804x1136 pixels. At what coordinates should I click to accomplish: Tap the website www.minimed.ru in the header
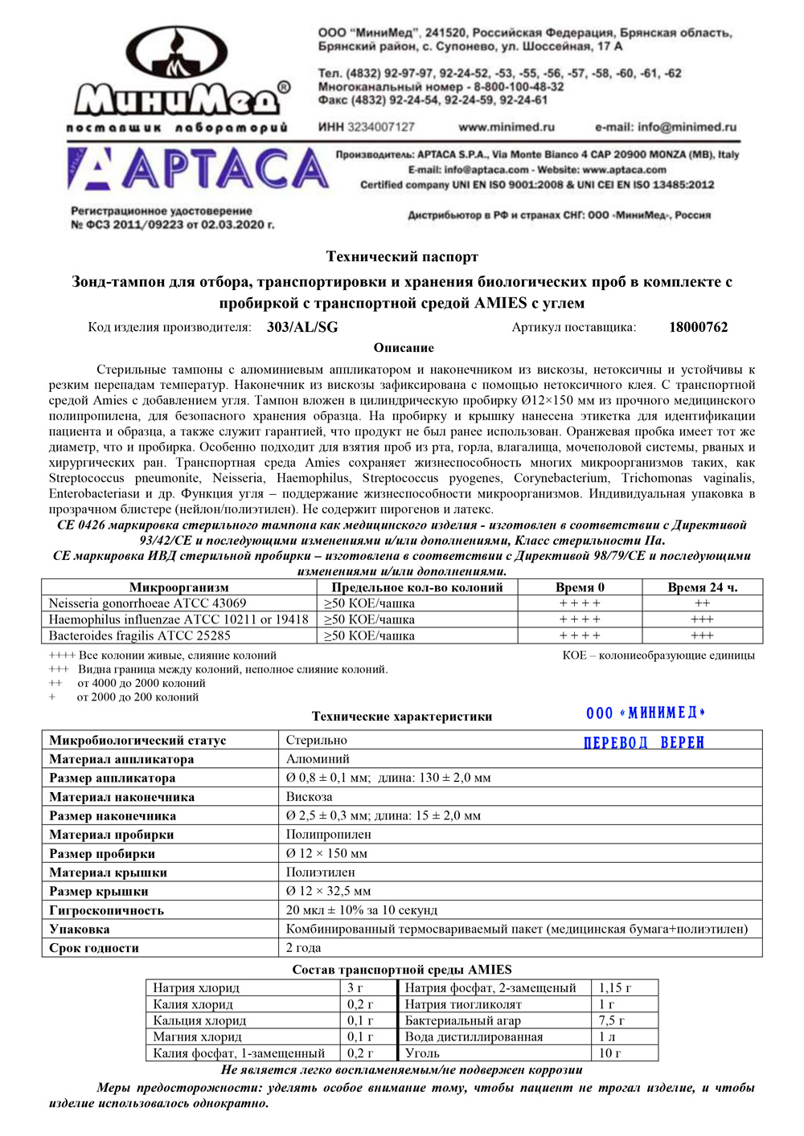click(x=507, y=127)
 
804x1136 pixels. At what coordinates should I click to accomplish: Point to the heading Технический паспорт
click(x=402, y=257)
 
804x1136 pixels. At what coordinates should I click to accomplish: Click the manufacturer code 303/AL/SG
click(x=302, y=327)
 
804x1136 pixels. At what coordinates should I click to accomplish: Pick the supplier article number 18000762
click(x=698, y=327)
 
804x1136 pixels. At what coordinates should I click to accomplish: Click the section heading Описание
click(x=404, y=348)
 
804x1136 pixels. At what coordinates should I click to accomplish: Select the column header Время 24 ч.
click(x=702, y=587)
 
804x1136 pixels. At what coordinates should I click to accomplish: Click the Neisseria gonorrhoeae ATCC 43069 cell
click(x=148, y=603)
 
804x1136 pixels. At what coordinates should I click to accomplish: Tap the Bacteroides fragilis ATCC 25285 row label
click(x=140, y=635)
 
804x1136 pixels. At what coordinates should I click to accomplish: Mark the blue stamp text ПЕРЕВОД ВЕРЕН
click(x=643, y=742)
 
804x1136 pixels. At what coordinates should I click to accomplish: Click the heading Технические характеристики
click(x=402, y=717)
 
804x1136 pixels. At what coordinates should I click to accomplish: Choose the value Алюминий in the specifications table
click(x=318, y=759)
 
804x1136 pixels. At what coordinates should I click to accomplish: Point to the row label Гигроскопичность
click(x=107, y=910)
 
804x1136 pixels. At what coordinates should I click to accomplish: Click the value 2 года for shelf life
click(x=304, y=948)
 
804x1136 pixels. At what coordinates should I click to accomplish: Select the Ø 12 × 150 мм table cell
click(x=326, y=853)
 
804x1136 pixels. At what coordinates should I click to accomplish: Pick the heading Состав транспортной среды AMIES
click(x=402, y=970)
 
